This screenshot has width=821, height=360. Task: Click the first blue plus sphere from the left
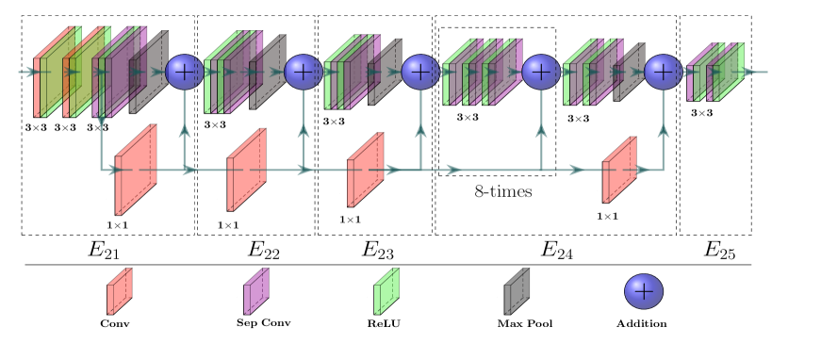(x=184, y=72)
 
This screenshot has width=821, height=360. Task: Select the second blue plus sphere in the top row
(x=304, y=72)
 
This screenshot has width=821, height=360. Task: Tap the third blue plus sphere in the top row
(x=420, y=72)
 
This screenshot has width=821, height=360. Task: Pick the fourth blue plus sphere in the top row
(x=541, y=72)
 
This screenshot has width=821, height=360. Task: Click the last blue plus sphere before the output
(x=664, y=72)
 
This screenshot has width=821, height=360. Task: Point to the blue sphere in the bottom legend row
(x=644, y=291)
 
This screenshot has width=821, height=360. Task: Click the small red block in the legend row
(x=120, y=291)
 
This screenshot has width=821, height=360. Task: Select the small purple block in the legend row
(x=256, y=291)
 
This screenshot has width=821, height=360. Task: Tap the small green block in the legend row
(x=386, y=291)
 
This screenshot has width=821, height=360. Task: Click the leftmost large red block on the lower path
(x=136, y=171)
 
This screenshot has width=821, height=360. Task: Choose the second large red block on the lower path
(x=246, y=171)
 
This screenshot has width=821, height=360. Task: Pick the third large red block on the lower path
(x=365, y=171)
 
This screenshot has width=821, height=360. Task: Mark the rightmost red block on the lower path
(x=619, y=171)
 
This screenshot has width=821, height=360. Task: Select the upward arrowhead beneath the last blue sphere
(x=664, y=130)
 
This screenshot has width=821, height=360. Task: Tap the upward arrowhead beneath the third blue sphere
(x=420, y=130)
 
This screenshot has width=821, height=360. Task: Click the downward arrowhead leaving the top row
(x=101, y=121)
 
